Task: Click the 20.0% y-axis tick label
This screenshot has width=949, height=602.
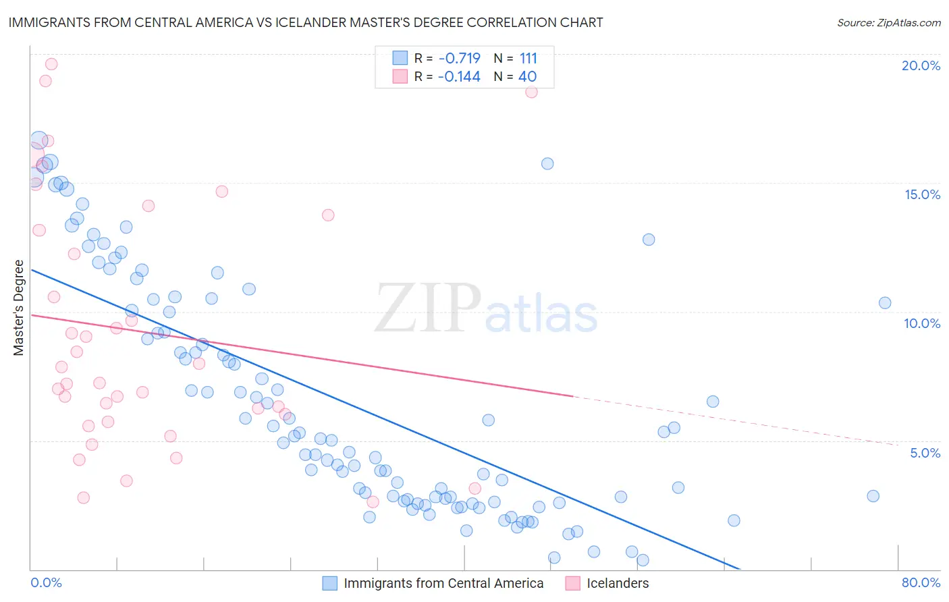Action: pos(921,65)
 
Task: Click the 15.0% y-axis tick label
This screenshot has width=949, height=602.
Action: pos(922,194)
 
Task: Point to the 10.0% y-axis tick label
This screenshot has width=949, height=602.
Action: pos(922,323)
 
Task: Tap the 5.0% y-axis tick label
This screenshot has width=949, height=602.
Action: pos(925,453)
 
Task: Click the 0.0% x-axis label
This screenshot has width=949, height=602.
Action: pos(46,582)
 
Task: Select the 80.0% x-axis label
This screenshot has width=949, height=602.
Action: pos(921,582)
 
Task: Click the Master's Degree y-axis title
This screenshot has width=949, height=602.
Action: pos(19,308)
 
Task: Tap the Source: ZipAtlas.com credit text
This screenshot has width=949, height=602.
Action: pos(888,22)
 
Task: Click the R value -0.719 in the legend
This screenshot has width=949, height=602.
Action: pos(459,58)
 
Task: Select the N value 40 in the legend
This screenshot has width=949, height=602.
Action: pos(527,76)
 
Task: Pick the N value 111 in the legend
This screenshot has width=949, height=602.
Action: pos(528,58)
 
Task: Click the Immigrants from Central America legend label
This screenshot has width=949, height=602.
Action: pos(443,583)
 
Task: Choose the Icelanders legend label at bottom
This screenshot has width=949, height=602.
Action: pos(618,583)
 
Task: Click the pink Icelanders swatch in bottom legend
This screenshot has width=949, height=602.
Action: pos(572,583)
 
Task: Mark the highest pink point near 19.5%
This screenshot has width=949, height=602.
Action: pos(51,64)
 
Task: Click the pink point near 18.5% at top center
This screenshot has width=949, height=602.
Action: pos(531,92)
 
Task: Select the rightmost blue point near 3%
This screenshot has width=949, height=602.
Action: pos(873,496)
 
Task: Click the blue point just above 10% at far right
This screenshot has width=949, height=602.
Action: pos(885,303)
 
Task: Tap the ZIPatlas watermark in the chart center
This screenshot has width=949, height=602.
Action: pos(486,309)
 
